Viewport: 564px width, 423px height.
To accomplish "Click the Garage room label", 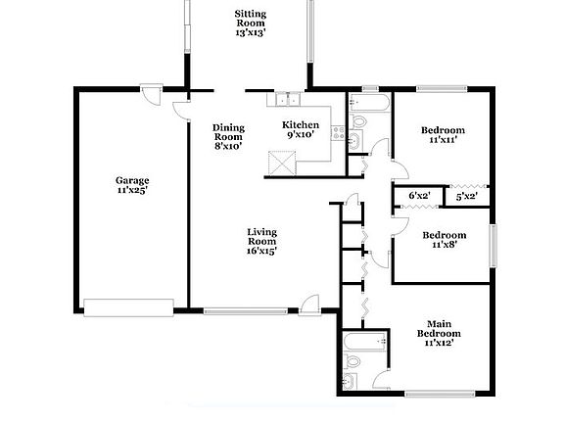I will pos(132,185).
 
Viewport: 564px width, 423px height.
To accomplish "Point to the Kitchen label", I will pos(300,129).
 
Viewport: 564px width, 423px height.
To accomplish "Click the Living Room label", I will pos(260,241).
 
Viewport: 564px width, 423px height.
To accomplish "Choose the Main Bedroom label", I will pos(442,334).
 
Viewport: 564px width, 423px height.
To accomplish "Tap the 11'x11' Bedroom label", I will pos(443,135).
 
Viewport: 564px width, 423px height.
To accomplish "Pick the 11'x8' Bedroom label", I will pos(443,240).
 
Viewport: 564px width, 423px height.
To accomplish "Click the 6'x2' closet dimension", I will pos(419,197).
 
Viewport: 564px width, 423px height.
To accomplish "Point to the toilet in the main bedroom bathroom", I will pos(352,380).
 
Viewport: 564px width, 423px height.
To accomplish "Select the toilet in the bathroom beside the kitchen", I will pos(358,121).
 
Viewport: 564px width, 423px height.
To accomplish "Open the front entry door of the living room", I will pos(310,304).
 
